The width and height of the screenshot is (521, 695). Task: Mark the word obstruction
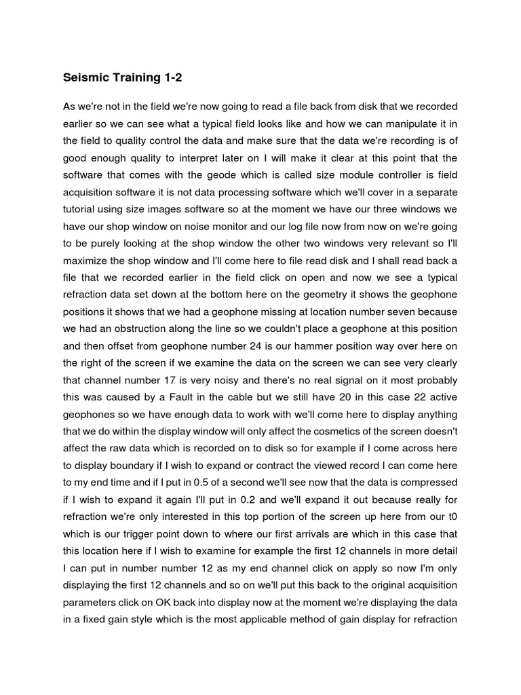[161, 328]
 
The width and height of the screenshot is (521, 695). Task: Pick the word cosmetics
[349, 431]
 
